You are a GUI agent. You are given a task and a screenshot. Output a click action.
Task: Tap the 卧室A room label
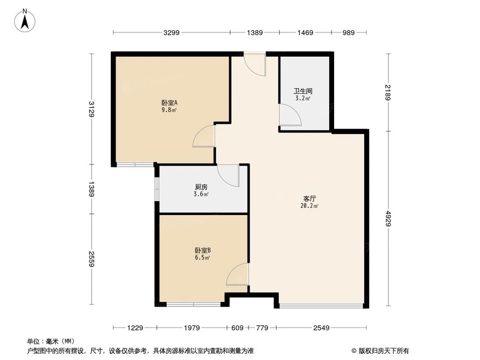click(169, 102)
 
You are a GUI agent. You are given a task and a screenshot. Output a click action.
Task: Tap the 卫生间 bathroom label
click(303, 91)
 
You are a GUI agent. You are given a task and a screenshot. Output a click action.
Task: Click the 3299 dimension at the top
click(171, 33)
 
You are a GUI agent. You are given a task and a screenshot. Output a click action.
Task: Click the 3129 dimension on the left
click(91, 108)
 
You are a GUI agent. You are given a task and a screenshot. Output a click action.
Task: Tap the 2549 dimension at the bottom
click(321, 328)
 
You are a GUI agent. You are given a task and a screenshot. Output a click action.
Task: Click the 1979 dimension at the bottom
click(191, 328)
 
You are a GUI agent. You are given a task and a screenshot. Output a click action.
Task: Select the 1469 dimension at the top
click(305, 33)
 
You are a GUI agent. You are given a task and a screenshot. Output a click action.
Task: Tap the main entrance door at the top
click(254, 64)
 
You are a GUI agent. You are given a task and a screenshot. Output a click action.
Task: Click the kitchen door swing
click(228, 175)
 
